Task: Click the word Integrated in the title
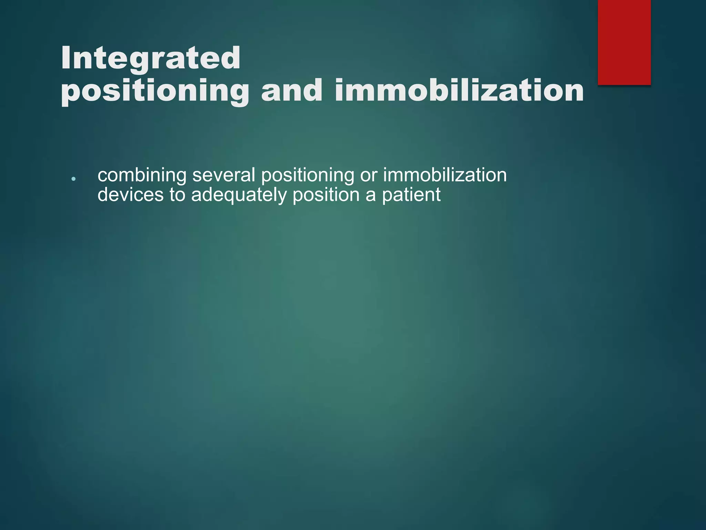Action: (x=151, y=59)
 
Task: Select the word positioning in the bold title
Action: (x=155, y=91)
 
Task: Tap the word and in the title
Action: (x=292, y=90)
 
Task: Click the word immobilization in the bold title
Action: (x=459, y=90)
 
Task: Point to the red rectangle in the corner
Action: (x=624, y=42)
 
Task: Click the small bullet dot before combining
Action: (x=73, y=179)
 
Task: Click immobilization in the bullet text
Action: (x=445, y=175)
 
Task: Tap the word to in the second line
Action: (x=177, y=195)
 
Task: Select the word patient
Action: (x=411, y=195)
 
